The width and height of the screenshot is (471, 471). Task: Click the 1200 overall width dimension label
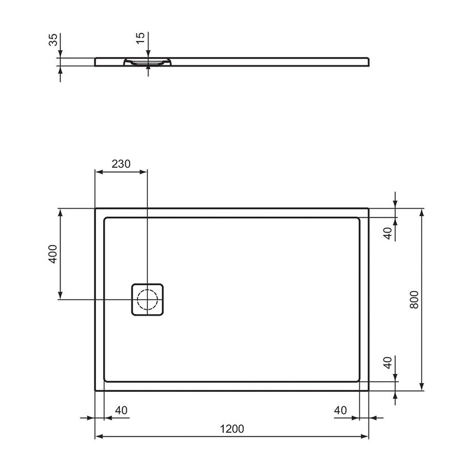click(232, 428)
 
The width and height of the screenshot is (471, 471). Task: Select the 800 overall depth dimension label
click(414, 300)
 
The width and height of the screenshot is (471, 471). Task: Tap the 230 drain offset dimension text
click(121, 163)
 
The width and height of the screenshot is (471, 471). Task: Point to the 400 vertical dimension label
click(53, 254)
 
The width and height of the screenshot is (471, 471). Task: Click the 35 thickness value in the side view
click(53, 40)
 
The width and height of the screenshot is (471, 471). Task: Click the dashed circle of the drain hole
click(147, 299)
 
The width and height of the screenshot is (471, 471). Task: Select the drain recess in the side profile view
click(147, 62)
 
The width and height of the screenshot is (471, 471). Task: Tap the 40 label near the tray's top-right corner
click(388, 233)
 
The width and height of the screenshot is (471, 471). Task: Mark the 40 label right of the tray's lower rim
click(388, 363)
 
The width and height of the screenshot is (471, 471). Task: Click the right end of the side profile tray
click(367, 61)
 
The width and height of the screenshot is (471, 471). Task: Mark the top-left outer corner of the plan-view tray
click(96, 209)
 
